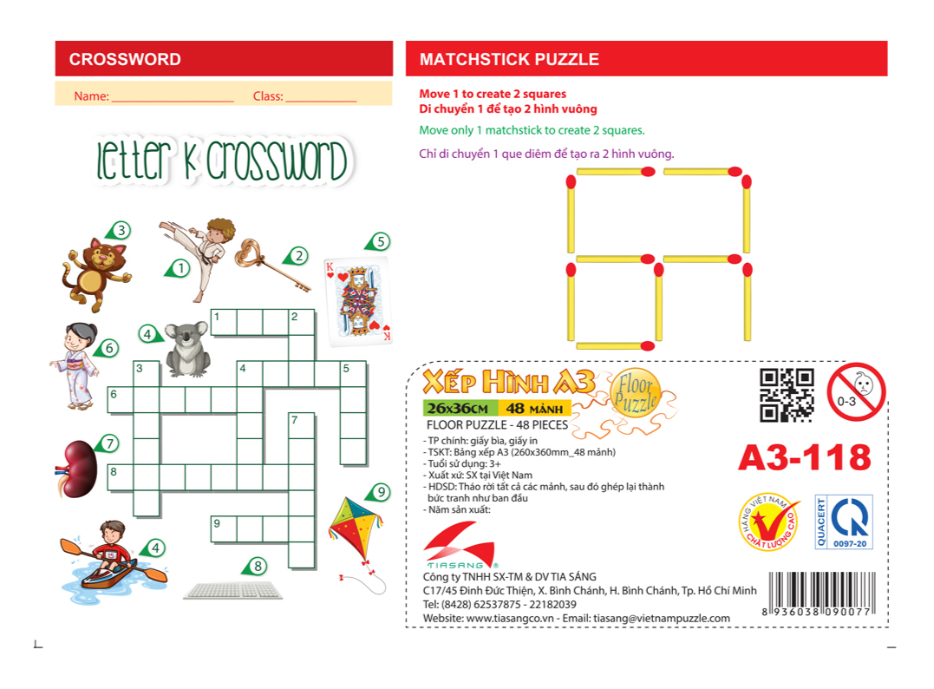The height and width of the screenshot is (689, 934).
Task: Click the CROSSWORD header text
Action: [125, 60]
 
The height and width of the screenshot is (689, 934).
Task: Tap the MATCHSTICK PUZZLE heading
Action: [509, 60]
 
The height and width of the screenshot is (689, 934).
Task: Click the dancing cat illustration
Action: [95, 273]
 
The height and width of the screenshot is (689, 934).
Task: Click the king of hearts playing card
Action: [357, 300]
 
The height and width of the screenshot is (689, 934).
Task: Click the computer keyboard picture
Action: [234, 590]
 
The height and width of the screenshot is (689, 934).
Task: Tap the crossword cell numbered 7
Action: [301, 425]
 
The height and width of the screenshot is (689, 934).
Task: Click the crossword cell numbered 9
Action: [224, 528]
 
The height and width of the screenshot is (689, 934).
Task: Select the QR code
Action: [787, 395]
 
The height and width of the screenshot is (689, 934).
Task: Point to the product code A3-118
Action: [804, 456]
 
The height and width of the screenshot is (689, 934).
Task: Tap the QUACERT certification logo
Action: [844, 522]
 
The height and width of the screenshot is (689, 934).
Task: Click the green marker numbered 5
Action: [378, 241]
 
